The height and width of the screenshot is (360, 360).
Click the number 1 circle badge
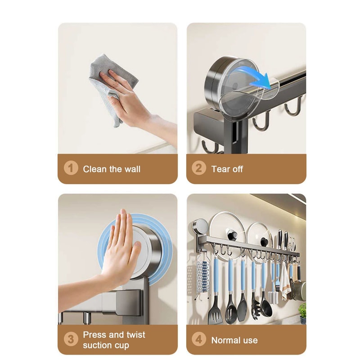(71, 169)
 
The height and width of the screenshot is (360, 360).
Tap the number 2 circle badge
(199, 169)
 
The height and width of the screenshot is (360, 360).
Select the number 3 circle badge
(71, 339)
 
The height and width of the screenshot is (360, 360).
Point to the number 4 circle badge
(199, 340)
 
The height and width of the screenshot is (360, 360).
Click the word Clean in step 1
(95, 169)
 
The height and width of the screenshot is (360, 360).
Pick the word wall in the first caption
(131, 169)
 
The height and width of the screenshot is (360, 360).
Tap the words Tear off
(227, 169)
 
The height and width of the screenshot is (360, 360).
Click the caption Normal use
(234, 340)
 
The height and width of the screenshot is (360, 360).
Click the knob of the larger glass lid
(230, 234)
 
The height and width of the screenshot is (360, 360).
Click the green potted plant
(302, 310)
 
